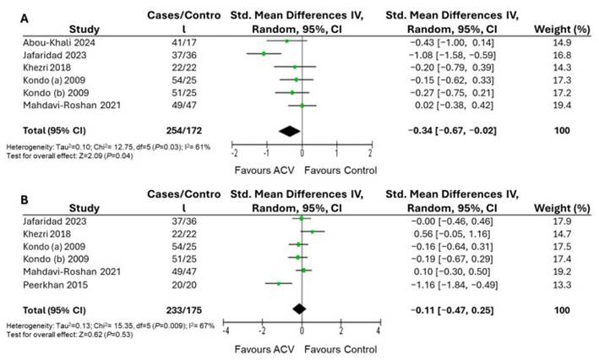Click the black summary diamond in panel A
click(289, 131)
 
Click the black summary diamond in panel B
click(301, 309)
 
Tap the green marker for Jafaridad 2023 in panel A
click(264, 53)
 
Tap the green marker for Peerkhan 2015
click(280, 283)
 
